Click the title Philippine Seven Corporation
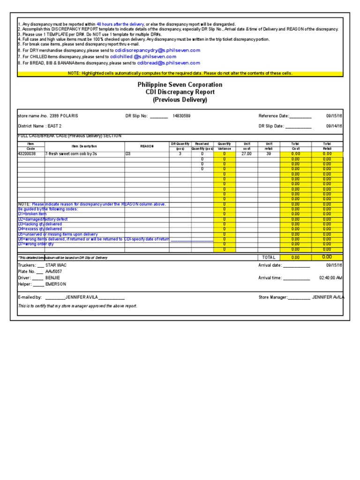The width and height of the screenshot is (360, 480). point(180,85)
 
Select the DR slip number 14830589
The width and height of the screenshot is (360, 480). point(181,116)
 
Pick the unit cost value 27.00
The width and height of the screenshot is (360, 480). point(246,154)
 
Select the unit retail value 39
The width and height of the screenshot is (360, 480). point(269,154)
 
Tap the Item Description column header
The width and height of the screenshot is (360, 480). point(84,146)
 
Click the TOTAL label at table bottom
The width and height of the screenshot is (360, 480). point(269,257)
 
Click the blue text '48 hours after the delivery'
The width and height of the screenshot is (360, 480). point(120,24)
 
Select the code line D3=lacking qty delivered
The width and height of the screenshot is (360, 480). point(40,225)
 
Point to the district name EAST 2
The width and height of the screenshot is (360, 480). point(57,126)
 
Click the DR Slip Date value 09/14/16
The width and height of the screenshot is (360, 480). point(334,126)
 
